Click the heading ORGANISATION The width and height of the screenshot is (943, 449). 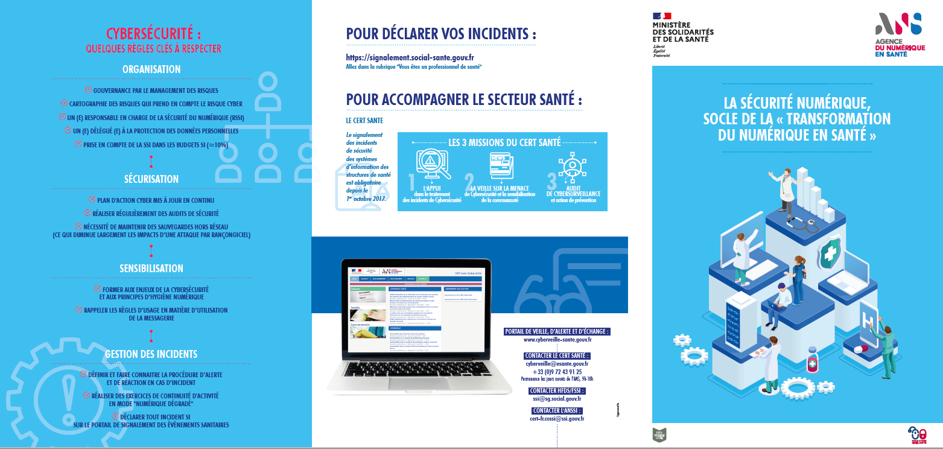pos(151,69)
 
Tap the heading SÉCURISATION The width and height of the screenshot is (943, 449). pos(151,179)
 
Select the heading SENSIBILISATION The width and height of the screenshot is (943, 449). pos(151,269)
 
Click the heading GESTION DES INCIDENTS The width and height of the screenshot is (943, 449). pos(151,354)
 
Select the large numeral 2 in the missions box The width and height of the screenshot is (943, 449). pos(469,183)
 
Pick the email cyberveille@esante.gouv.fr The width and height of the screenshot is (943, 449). pos(557,364)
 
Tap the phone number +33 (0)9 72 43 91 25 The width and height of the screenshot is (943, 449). pos(557,372)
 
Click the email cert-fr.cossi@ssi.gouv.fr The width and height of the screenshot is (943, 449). pos(557,418)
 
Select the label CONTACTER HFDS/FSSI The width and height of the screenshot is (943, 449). pos(557,390)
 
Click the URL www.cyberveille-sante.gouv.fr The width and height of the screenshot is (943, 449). pos(557,340)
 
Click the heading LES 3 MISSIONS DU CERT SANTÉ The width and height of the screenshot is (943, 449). pos(504,143)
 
